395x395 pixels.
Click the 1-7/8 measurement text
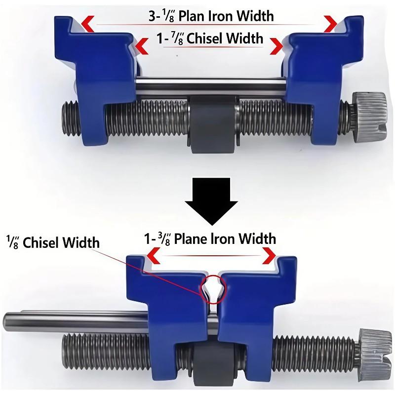tap(168, 38)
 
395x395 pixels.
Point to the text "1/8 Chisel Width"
tap(52, 242)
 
